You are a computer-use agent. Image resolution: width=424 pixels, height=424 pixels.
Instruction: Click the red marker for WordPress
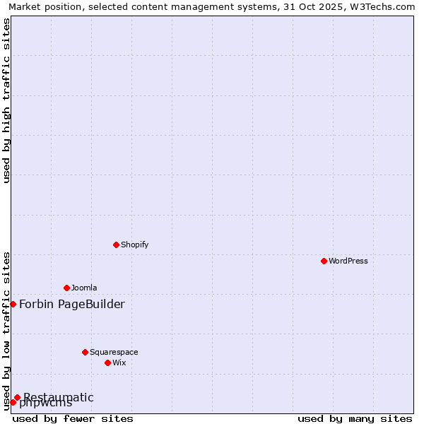pyautogui.click(x=324, y=261)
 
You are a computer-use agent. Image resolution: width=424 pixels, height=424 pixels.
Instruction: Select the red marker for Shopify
pyautogui.click(x=116, y=245)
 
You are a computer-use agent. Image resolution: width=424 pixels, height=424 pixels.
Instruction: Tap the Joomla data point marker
pyautogui.click(x=66, y=288)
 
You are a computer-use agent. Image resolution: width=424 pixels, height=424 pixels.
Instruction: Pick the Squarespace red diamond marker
pyautogui.click(x=85, y=352)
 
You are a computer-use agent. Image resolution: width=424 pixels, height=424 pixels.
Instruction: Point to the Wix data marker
pyautogui.click(x=107, y=363)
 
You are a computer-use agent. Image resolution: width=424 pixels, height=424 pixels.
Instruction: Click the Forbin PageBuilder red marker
pyautogui.click(x=13, y=304)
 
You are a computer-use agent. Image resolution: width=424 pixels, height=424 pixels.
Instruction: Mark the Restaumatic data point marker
pyautogui.click(x=17, y=397)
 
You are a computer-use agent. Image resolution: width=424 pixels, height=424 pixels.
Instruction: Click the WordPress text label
pyautogui.click(x=348, y=261)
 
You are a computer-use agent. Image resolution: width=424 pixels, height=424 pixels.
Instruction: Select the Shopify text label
pyautogui.click(x=134, y=245)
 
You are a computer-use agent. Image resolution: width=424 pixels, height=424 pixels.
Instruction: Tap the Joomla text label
pyautogui.click(x=84, y=288)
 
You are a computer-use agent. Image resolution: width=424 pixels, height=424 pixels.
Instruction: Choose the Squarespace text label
pyautogui.click(x=114, y=352)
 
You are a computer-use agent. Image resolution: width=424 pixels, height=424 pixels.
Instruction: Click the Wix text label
pyautogui.click(x=119, y=363)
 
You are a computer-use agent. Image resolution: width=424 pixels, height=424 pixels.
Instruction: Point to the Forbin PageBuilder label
pyautogui.click(x=71, y=304)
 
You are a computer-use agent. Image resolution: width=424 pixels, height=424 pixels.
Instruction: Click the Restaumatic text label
pyautogui.click(x=58, y=397)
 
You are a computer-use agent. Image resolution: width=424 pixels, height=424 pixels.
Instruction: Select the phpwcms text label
pyautogui.click(x=45, y=404)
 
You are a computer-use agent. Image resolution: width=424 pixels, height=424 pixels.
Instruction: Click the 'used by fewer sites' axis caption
pyautogui.click(x=73, y=418)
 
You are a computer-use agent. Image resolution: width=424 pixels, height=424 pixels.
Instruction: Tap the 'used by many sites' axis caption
pyautogui.click(x=355, y=418)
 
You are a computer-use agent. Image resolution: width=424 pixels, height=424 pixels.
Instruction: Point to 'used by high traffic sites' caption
pyautogui.click(x=6, y=100)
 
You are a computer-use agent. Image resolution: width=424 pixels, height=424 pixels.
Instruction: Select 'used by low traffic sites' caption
pyautogui.click(x=6, y=330)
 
